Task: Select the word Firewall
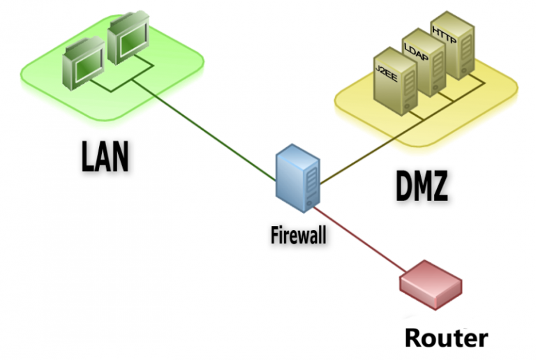(x=298, y=234)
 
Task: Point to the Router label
(x=446, y=338)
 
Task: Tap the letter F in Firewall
(x=274, y=234)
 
